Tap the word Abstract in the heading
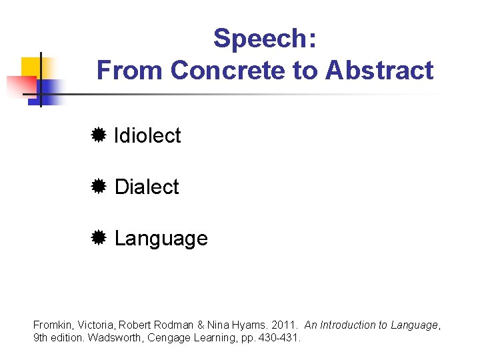(379, 70)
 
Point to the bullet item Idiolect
(147, 136)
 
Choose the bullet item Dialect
(147, 187)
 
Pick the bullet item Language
(161, 239)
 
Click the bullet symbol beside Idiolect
(98, 136)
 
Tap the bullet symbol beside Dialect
(98, 187)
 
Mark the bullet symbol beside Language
(98, 238)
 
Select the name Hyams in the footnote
(251, 325)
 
